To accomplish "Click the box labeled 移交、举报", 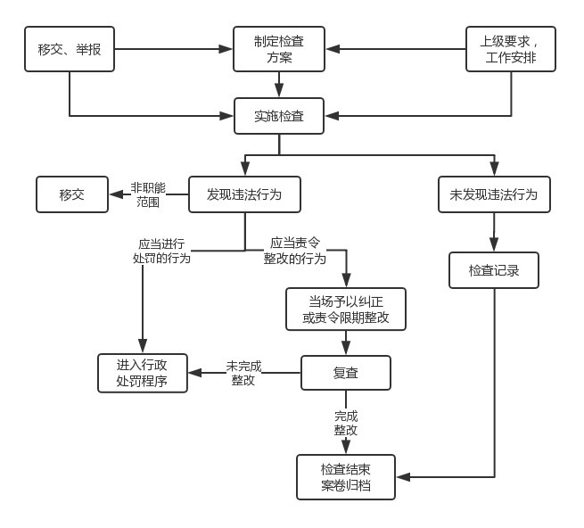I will (x=70, y=49).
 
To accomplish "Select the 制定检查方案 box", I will (x=279, y=49).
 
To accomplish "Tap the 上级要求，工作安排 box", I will (x=511, y=49).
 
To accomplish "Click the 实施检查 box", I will (x=279, y=116).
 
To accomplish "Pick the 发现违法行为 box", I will (x=244, y=194).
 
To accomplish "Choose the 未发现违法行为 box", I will (x=494, y=194).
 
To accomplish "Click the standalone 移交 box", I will (x=72, y=194).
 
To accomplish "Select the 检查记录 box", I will (x=494, y=270).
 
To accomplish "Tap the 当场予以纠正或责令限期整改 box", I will (x=345, y=309).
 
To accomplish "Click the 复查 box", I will (x=345, y=373).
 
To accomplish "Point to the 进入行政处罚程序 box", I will (x=143, y=373).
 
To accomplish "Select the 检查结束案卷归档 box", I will (x=345, y=477).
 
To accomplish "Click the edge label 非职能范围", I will (x=148, y=194).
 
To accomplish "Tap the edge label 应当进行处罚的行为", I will (x=161, y=251).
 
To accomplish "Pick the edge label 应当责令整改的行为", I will (x=295, y=251).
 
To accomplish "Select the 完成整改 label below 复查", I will (x=346, y=423).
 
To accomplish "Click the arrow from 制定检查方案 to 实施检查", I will (x=279, y=86).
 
